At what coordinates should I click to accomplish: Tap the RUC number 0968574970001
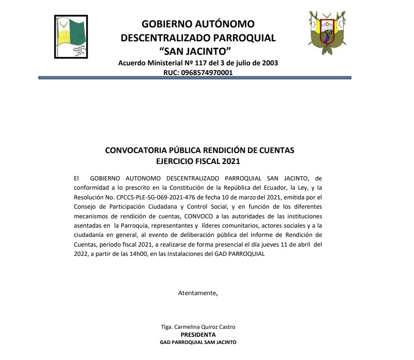pos(206,73)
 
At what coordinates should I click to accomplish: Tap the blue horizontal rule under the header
pos(195,78)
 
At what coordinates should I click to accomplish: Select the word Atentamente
pos(198,293)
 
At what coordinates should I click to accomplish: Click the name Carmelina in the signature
pos(187,327)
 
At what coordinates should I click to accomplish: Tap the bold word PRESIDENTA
pos(198,335)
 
